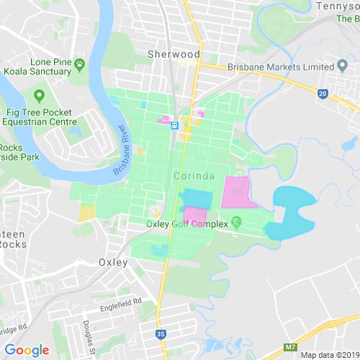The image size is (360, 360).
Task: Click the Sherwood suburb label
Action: click(174, 54)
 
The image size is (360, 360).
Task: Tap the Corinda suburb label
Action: click(192, 176)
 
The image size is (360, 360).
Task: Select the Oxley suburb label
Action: click(113, 262)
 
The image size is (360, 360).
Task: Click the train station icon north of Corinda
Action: click(174, 125)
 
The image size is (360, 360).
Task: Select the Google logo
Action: click(25, 351)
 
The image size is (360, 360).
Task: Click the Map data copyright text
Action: click(328, 354)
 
